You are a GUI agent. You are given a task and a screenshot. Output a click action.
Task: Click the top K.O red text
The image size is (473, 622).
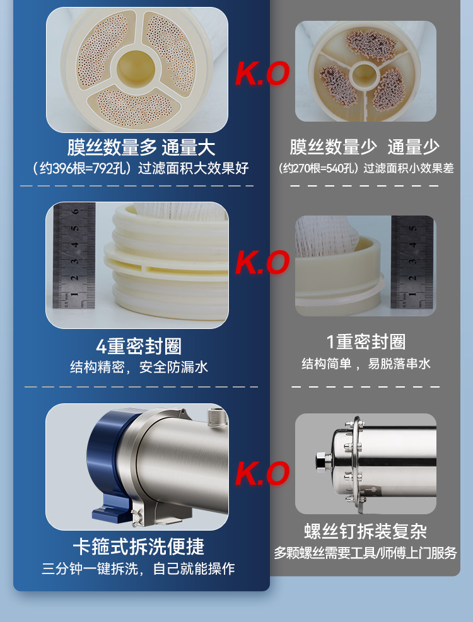(x=262, y=74)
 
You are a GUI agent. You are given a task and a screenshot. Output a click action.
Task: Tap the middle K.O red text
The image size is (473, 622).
(x=262, y=262)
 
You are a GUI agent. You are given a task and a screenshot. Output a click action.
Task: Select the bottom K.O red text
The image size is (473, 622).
(x=262, y=473)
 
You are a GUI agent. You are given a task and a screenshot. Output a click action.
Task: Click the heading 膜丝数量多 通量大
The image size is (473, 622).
(x=141, y=147)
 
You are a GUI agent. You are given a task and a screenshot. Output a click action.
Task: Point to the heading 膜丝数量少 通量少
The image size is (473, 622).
(x=365, y=147)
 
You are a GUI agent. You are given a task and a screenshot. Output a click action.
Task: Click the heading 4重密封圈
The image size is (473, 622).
(x=139, y=347)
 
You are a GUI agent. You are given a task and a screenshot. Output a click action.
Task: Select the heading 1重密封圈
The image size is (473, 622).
(x=366, y=342)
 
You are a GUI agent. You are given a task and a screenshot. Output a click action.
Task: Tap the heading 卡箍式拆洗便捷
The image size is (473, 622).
(x=139, y=546)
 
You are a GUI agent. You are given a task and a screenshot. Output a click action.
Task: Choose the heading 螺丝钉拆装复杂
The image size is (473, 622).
(x=365, y=531)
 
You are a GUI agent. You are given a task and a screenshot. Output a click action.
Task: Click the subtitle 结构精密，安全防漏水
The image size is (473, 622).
(x=139, y=367)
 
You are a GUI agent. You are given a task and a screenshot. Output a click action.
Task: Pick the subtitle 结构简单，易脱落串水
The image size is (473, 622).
(x=366, y=364)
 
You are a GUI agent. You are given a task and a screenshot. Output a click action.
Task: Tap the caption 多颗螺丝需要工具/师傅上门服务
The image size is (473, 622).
(x=365, y=553)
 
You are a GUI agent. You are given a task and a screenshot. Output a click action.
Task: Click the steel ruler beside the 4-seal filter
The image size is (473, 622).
(x=74, y=255)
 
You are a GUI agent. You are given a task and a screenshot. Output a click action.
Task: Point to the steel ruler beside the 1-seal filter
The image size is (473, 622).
(x=412, y=262)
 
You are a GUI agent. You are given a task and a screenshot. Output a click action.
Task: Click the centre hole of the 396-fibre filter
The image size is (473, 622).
(x=136, y=67)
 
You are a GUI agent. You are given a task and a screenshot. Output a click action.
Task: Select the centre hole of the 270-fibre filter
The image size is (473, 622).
(x=364, y=74)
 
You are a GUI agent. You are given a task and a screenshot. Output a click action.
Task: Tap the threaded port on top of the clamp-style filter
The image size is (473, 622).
(x=216, y=417)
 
